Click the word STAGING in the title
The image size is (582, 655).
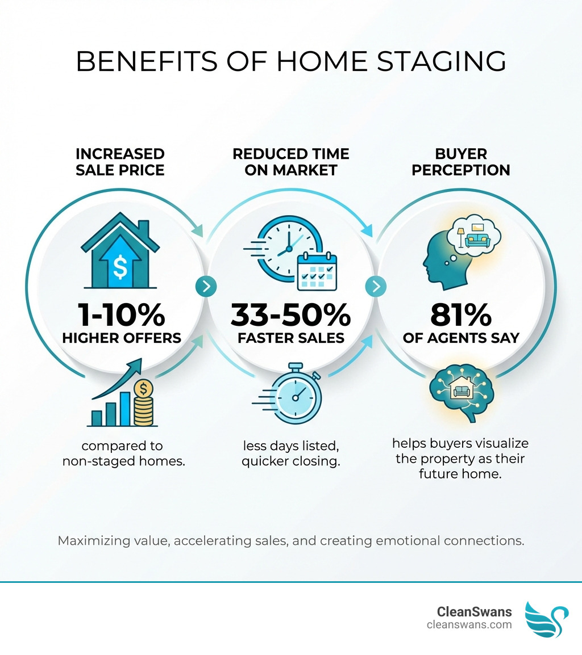pos(433,61)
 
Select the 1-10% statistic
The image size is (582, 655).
pos(120,314)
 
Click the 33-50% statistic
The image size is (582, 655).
pos(291,314)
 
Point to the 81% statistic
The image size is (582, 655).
pos(461,314)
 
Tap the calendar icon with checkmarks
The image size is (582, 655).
pos(317,272)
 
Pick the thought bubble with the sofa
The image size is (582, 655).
pos(473,234)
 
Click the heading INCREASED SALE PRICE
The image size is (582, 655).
pos(120,161)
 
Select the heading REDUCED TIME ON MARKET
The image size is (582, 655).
pos(290,161)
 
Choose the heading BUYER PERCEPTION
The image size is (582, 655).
pos(461,161)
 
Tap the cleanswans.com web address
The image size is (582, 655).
pos(469,625)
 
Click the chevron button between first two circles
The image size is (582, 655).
pos(206,286)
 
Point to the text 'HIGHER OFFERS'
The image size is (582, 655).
pos(121,338)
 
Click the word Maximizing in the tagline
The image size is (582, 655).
pos(94,540)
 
